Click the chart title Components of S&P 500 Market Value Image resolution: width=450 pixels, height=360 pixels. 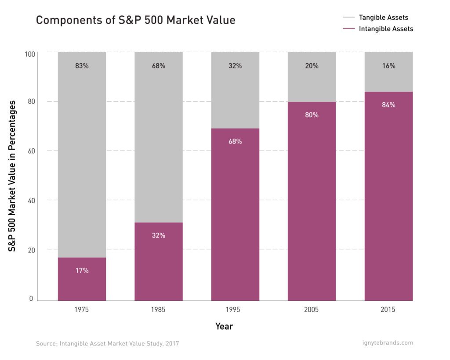[135, 20]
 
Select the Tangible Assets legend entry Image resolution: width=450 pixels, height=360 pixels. [383, 18]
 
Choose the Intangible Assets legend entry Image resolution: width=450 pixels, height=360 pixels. [386, 29]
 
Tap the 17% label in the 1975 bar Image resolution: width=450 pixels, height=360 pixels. [82, 270]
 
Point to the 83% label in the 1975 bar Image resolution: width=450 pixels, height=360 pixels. [82, 66]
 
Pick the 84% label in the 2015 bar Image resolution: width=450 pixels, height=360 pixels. [388, 105]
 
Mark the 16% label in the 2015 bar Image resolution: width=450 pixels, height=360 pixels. [388, 66]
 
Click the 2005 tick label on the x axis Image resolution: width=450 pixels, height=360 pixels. [312, 310]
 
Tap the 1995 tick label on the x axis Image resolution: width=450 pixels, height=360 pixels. [235, 310]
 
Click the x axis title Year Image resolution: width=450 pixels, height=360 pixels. [224, 327]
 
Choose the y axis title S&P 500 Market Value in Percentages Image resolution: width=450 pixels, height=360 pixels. [13, 176]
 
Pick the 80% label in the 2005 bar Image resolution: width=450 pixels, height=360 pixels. [312, 115]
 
